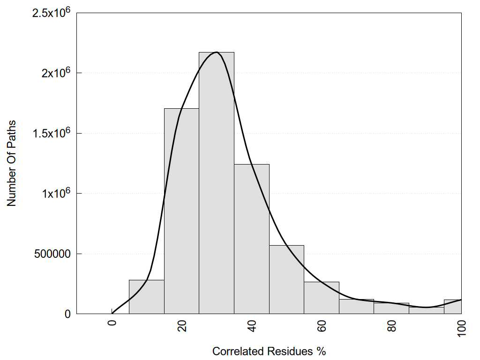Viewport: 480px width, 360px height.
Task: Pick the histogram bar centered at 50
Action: click(286, 281)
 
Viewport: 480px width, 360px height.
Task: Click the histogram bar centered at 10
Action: click(146, 298)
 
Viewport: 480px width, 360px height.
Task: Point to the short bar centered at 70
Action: click(356, 307)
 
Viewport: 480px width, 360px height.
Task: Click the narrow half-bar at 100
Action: click(453, 307)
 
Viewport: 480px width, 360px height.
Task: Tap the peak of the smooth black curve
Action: click(216, 52)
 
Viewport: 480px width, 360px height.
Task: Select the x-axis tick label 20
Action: click(182, 325)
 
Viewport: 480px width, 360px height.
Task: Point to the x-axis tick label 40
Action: click(252, 325)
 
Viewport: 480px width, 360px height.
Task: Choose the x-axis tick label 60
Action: click(322, 325)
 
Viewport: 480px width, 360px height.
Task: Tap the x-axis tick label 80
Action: click(392, 325)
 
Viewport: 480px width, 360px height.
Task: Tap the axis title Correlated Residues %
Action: click(269, 351)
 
